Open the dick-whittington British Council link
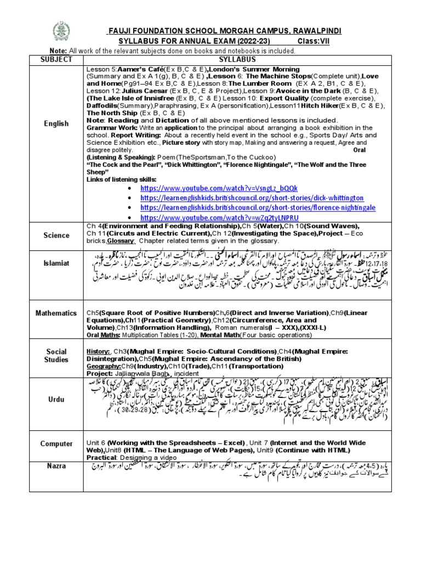(x=244, y=198)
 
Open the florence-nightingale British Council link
(x=249, y=207)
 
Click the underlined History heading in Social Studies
(x=98, y=350)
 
